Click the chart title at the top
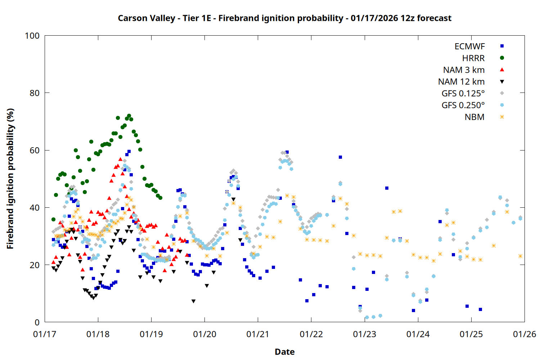click(x=284, y=18)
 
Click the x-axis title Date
click(x=284, y=352)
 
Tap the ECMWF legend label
click(x=469, y=46)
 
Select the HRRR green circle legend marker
click(x=502, y=58)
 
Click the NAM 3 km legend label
click(x=464, y=70)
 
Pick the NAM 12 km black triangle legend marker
click(x=502, y=82)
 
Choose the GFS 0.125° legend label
click(x=463, y=94)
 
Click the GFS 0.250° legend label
click(x=463, y=105)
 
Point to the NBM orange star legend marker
click(x=502, y=117)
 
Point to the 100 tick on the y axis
click(x=32, y=36)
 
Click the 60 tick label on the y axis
click(x=35, y=150)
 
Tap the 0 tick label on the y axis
click(x=37, y=323)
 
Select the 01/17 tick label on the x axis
click(x=45, y=334)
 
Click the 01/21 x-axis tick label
click(x=258, y=334)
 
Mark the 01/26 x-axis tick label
click(x=525, y=334)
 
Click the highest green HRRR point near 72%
click(x=129, y=116)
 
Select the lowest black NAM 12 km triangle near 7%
click(x=193, y=301)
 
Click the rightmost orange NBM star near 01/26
click(x=520, y=256)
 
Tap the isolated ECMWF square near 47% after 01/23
click(x=387, y=188)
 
